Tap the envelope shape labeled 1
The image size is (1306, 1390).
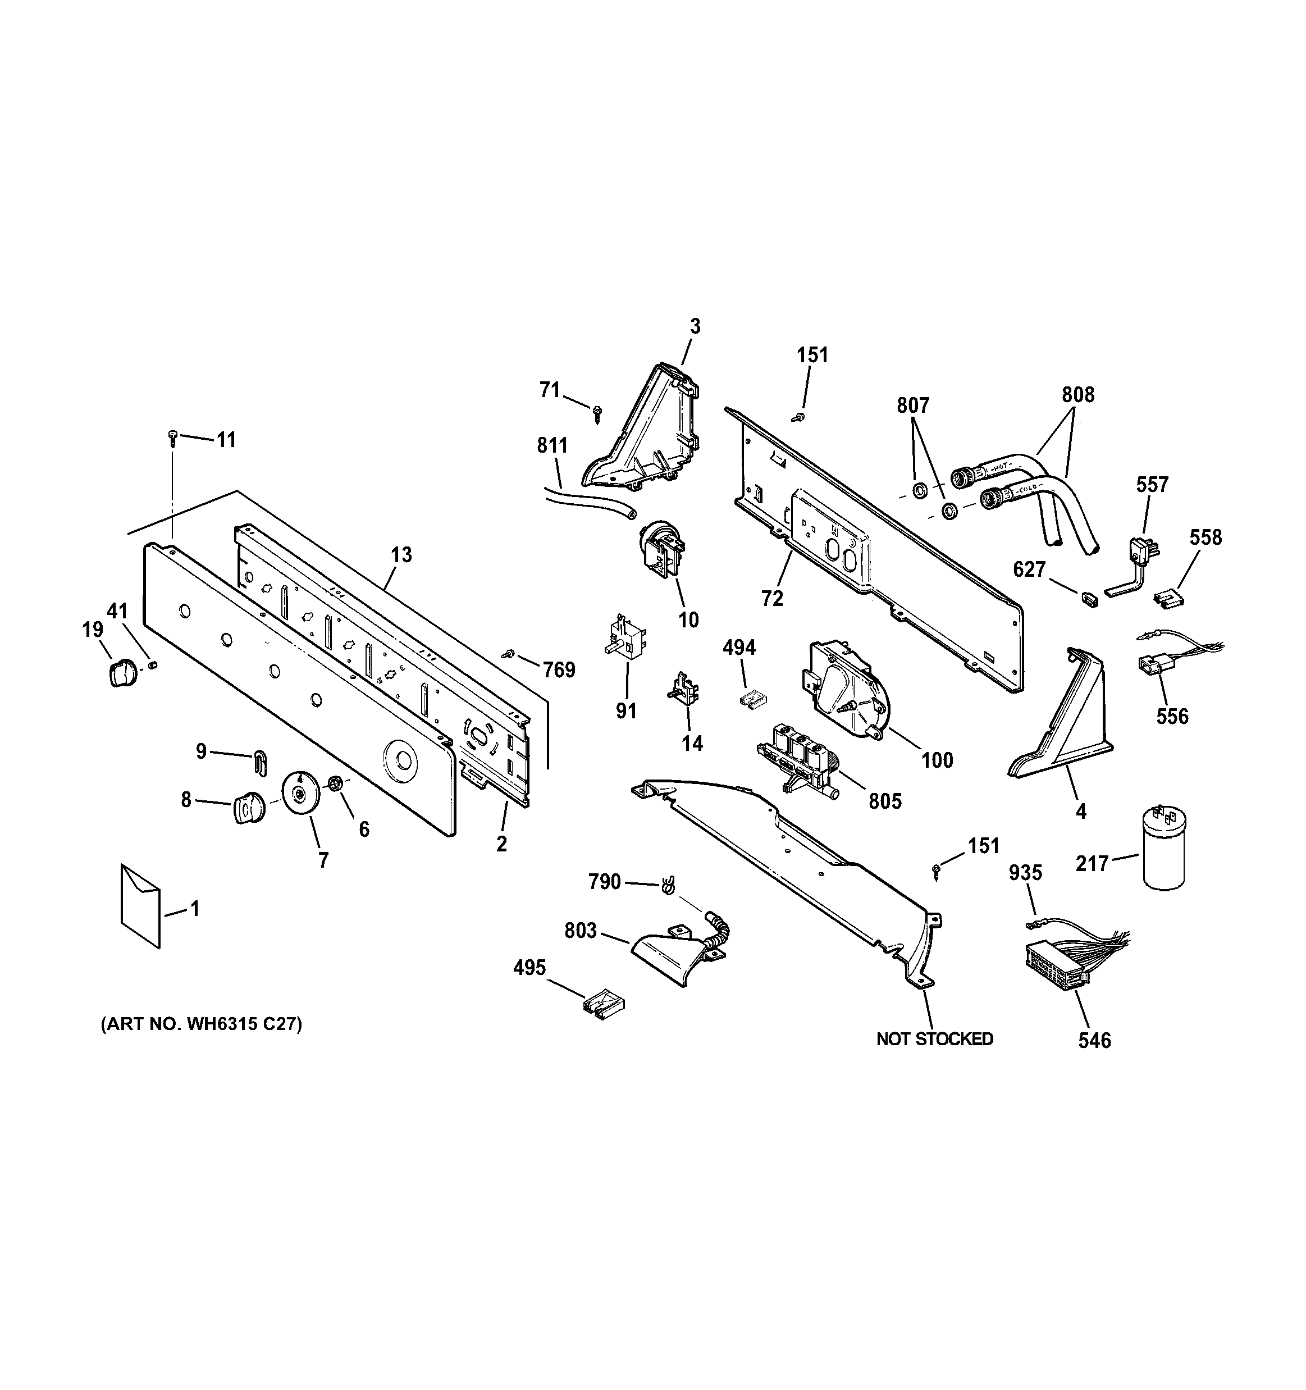[140, 906]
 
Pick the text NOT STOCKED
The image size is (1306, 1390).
[934, 1039]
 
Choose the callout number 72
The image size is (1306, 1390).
[773, 599]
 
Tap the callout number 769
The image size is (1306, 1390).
[559, 670]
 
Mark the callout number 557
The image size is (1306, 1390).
[1152, 484]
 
